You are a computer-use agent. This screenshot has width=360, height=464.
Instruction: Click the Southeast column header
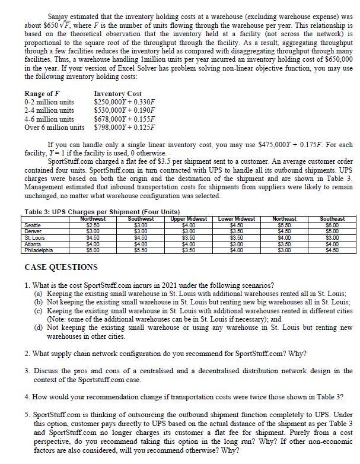point(336,220)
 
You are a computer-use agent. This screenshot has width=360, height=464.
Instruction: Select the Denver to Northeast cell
point(286,230)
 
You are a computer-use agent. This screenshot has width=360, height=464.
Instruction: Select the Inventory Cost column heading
point(117,94)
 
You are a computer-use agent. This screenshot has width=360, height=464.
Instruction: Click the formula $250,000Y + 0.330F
point(124,102)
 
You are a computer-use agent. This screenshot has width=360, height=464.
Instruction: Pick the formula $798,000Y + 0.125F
point(124,127)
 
